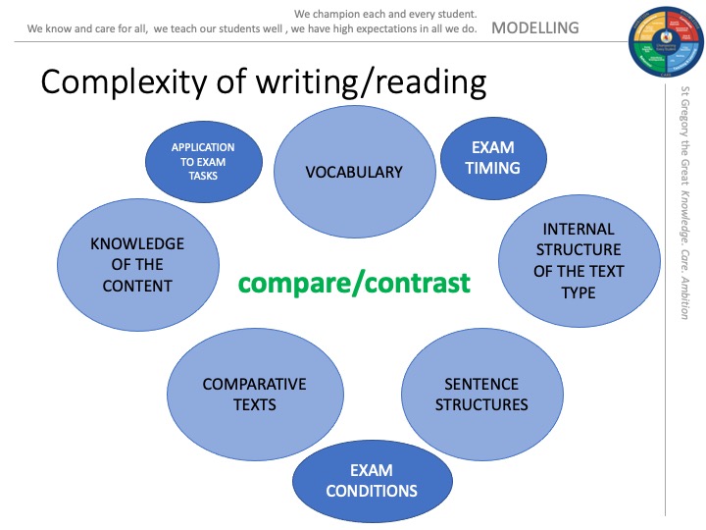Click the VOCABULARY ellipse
click(x=354, y=172)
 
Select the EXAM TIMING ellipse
click(x=492, y=158)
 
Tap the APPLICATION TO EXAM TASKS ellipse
click(x=203, y=162)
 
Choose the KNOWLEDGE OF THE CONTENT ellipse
click(x=137, y=265)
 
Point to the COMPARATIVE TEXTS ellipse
click(x=255, y=394)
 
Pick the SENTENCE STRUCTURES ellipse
click(x=481, y=394)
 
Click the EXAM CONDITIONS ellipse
click(x=372, y=481)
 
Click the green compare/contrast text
click(x=354, y=284)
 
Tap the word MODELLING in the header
click(x=534, y=27)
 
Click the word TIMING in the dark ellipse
click(x=492, y=168)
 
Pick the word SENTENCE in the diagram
click(x=481, y=384)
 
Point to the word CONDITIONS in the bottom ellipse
click(x=372, y=491)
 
